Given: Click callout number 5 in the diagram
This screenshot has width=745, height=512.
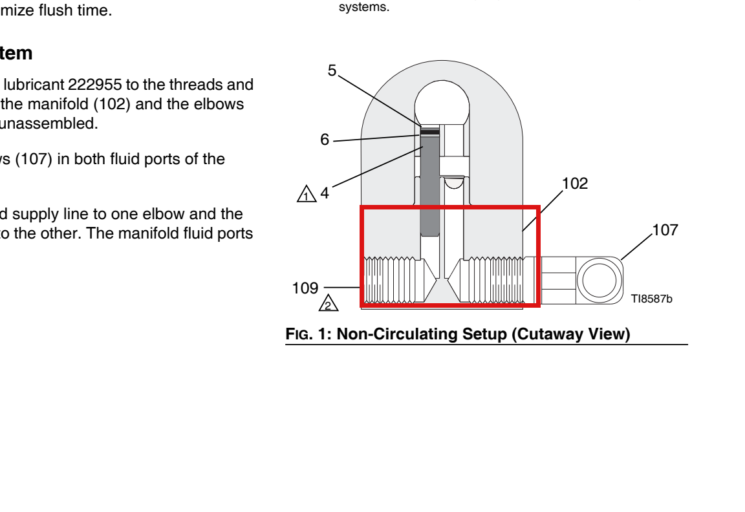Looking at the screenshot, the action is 332,70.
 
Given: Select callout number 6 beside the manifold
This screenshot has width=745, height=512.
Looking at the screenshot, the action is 325,140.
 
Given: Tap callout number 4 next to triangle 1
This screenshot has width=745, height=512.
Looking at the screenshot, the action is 325,193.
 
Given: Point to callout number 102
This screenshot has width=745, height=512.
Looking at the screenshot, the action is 575,184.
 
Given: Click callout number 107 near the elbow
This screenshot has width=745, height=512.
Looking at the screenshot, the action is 665,230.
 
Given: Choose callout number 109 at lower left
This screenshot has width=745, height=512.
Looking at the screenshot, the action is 305,288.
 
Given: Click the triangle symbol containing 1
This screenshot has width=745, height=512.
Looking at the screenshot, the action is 307,194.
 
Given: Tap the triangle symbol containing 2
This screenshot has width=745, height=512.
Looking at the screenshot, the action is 329,303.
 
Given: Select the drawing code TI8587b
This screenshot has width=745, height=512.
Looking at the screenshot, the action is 651,299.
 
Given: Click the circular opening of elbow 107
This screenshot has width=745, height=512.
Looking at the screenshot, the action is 599,261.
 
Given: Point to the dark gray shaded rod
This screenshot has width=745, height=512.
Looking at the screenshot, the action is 430,186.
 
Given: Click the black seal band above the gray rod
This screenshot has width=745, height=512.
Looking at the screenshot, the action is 430,132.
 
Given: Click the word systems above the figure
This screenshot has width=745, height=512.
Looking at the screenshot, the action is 364,7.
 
